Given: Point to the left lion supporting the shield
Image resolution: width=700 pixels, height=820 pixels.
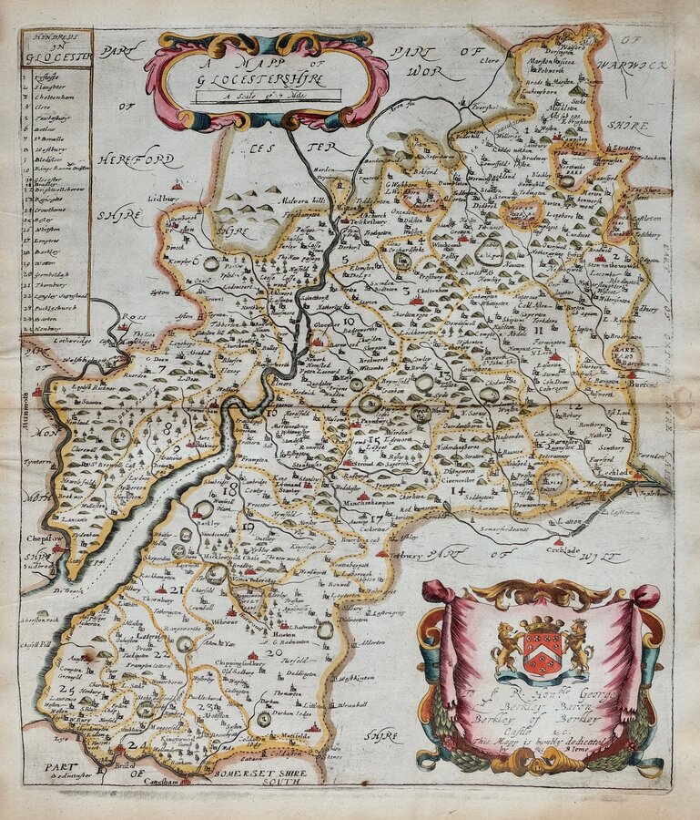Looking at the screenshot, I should tap(507, 646).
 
